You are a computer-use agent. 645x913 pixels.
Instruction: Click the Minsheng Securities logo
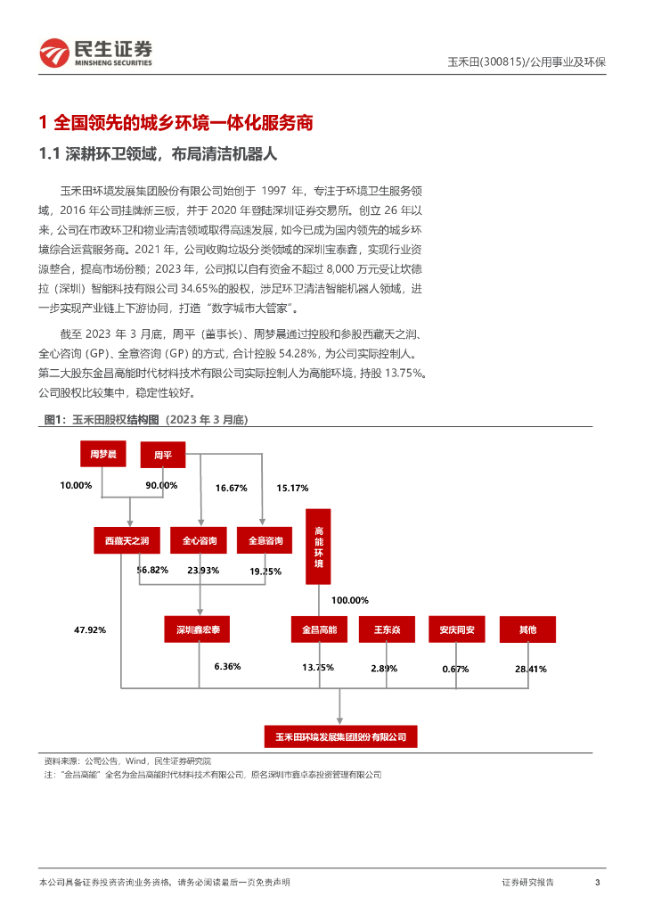96,53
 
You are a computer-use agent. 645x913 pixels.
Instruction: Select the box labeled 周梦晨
99,455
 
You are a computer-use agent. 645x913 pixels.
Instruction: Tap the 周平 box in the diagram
162,455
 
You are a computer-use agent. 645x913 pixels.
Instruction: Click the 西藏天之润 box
127,540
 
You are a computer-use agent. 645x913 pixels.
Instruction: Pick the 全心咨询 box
200,540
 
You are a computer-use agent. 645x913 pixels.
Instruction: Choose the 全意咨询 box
265,540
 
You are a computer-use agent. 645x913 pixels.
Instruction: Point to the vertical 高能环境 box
319,547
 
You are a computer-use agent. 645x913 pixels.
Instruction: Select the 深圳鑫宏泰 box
198,629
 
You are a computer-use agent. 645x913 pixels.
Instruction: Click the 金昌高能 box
318,629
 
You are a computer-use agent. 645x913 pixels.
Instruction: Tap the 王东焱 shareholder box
387,629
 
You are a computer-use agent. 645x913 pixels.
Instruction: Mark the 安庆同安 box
456,629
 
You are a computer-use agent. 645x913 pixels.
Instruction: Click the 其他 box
527,629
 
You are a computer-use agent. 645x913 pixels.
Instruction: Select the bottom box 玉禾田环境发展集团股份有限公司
340,736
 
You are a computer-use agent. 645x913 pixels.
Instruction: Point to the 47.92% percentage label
90,629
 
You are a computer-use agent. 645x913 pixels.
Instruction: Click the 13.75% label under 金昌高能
317,667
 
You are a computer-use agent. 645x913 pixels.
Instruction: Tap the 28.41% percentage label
530,668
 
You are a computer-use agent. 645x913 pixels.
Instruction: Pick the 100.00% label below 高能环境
349,600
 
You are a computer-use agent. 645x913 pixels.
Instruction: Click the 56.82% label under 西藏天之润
152,569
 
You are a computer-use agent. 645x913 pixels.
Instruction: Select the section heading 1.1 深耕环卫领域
159,154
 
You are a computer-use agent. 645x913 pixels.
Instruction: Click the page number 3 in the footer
597,882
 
